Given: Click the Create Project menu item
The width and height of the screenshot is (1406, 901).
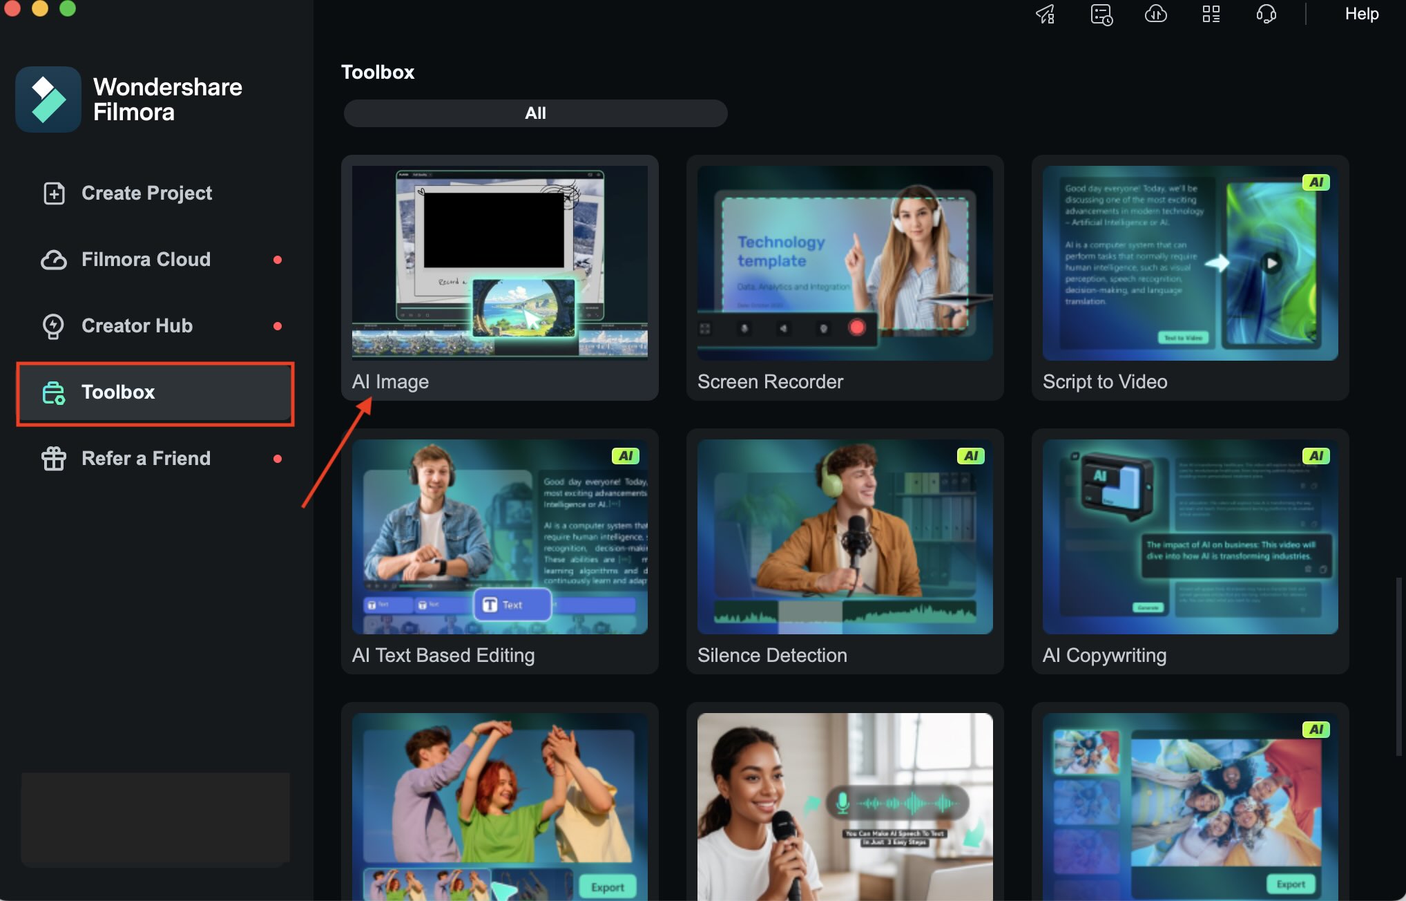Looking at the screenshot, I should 146,193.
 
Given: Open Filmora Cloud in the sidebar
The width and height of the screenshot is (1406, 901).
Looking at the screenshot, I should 145,260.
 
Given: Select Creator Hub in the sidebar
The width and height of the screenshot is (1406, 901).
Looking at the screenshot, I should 137,326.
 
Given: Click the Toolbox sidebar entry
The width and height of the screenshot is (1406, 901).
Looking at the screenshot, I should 117,392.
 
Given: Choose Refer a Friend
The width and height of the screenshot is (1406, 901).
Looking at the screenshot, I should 145,459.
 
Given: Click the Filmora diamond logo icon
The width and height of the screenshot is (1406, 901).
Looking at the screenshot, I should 48,99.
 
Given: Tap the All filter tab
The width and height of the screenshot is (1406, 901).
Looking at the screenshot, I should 535,113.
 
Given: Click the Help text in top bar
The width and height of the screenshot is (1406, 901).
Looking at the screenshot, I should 1361,14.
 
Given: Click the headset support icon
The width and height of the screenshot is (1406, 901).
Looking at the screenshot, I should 1266,14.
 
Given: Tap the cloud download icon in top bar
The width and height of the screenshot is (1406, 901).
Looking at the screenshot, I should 1155,14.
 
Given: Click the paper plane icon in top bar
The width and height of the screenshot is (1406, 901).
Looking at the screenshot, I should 1046,14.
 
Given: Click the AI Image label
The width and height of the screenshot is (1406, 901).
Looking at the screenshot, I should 390,382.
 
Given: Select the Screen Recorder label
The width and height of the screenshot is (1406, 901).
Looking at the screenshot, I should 770,382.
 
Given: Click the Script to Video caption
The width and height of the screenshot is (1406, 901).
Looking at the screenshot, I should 1105,382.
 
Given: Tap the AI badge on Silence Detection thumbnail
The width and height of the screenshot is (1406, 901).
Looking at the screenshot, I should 970,456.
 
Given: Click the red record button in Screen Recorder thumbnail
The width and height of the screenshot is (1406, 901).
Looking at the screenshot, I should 857,328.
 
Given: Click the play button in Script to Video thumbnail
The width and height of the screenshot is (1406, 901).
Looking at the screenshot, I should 1271,263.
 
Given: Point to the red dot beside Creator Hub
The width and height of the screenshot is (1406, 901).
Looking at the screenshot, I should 278,326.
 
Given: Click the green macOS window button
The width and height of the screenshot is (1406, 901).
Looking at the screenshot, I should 68,8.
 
